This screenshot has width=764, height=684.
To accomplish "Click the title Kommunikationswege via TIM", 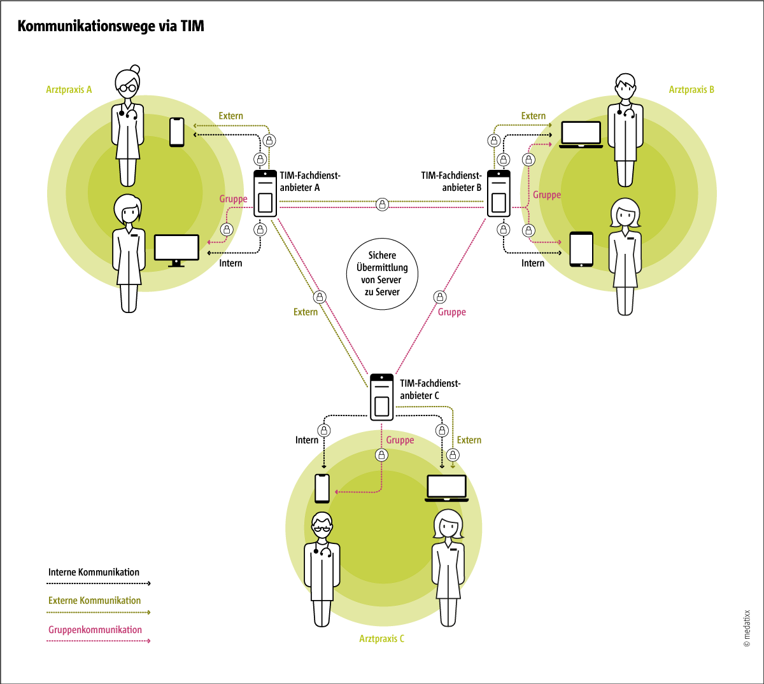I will point(111,26).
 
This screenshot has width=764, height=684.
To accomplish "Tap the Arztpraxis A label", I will point(69,90).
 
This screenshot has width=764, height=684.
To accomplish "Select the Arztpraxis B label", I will point(691,90).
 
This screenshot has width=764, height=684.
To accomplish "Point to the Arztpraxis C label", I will point(382,638).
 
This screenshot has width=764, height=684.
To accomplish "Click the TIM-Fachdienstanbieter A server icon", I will point(265,193).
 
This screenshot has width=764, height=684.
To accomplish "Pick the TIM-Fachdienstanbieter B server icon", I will point(499,193).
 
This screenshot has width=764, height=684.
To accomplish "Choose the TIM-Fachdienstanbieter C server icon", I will point(382,397).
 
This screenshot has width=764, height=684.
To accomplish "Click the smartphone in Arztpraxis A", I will point(177,132).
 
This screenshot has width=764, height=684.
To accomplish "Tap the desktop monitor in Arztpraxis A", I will point(176,250).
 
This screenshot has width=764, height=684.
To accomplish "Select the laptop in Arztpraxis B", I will point(581,134).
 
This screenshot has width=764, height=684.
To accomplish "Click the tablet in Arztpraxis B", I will point(581,249).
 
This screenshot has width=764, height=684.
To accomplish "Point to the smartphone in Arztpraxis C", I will point(323,488).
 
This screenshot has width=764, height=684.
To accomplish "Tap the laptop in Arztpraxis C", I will point(446,488).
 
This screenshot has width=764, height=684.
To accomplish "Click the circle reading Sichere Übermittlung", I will point(382,274).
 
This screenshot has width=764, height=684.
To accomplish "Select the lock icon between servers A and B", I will point(382,204).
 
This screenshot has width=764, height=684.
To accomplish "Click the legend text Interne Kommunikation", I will point(94,572).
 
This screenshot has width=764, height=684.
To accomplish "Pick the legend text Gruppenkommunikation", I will point(95,630).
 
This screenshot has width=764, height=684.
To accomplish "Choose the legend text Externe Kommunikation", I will point(94,601).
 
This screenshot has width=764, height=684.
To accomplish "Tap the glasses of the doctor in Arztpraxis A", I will point(128,88).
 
